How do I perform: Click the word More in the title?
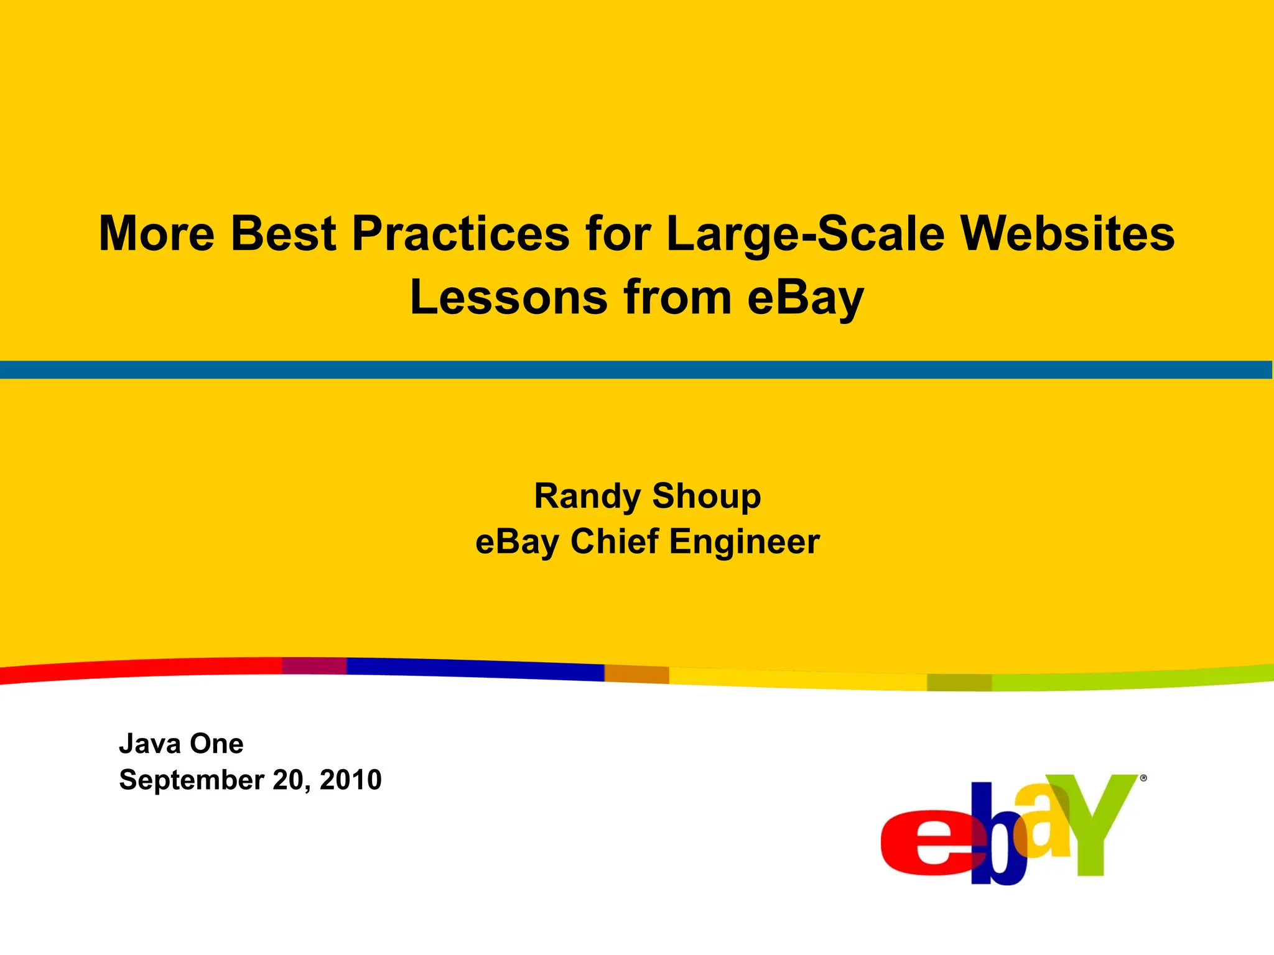click(x=157, y=234)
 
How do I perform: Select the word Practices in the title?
click(x=460, y=234)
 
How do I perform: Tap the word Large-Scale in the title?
click(x=805, y=234)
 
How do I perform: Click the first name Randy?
click(x=587, y=497)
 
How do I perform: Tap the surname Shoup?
click(x=706, y=497)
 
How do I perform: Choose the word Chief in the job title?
click(x=614, y=542)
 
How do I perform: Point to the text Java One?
click(x=181, y=744)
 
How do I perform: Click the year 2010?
click(x=350, y=780)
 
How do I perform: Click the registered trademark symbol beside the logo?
click(x=1143, y=778)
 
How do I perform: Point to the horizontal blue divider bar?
click(x=637, y=369)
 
